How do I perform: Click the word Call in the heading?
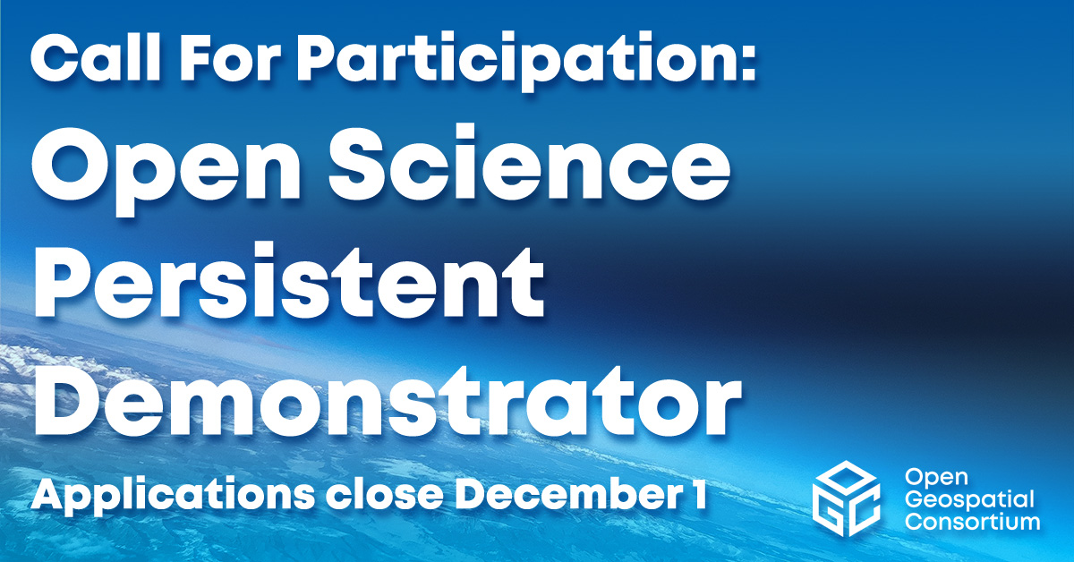pos(96,57)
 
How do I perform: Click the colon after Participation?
pos(746,64)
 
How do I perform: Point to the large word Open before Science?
pos(166,169)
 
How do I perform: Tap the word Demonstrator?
pos(388,399)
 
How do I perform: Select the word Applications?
pos(173,494)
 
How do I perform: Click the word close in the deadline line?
pos(385,495)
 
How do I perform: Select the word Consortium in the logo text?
pos(972,522)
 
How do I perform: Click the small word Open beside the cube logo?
pos(936,479)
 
